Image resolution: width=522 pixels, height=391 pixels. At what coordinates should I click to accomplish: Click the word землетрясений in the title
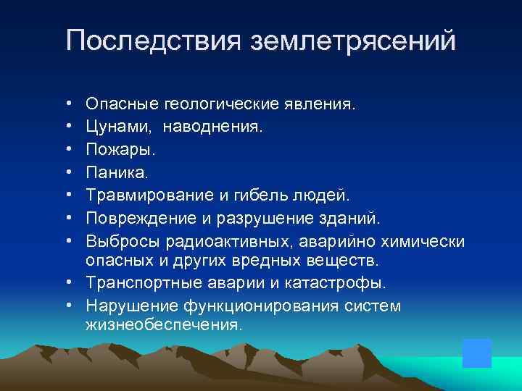click(353, 41)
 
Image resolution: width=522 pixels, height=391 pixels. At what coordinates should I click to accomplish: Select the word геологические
click(217, 106)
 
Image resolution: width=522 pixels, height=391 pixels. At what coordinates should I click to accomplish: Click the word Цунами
click(119, 128)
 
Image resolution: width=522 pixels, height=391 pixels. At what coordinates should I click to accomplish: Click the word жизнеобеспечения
click(162, 324)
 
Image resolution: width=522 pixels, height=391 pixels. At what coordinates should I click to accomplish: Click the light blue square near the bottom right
click(477, 353)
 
